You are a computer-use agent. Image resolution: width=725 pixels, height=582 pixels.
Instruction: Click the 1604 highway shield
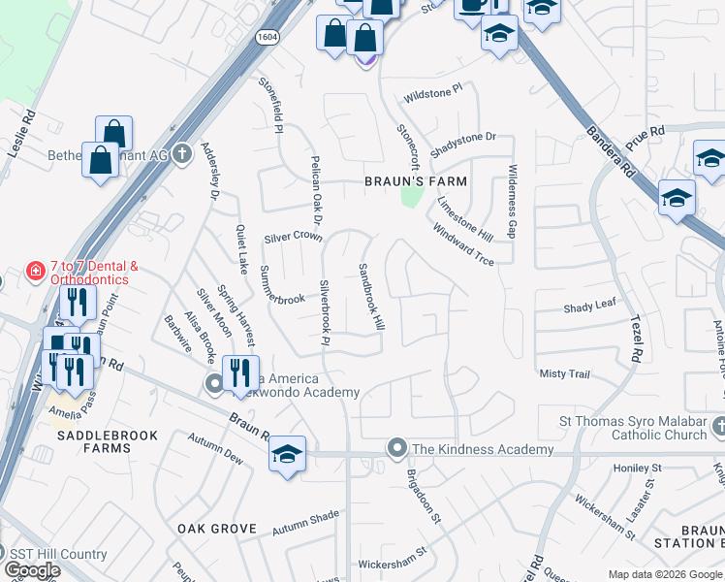(x=268, y=36)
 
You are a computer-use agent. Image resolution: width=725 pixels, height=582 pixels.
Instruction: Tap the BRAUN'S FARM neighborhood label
(x=415, y=181)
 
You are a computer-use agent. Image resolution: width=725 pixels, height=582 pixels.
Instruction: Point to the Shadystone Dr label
(x=462, y=138)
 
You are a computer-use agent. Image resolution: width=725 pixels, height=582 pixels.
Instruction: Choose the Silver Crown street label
(x=293, y=237)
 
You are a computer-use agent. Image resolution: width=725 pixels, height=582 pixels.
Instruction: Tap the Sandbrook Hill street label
(x=371, y=297)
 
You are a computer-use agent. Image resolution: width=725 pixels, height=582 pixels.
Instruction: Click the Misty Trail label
(x=564, y=373)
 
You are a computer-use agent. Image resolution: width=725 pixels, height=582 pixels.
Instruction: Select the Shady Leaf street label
(x=589, y=306)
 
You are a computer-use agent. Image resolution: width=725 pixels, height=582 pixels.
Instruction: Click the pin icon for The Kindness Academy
(x=396, y=449)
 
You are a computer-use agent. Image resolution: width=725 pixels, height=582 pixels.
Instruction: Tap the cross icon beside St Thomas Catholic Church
(x=718, y=426)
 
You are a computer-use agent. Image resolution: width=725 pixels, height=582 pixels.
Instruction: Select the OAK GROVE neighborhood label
(x=217, y=529)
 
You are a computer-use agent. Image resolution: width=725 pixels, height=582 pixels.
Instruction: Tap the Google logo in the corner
(x=32, y=570)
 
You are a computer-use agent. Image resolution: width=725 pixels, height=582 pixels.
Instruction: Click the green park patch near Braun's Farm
(x=412, y=197)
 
